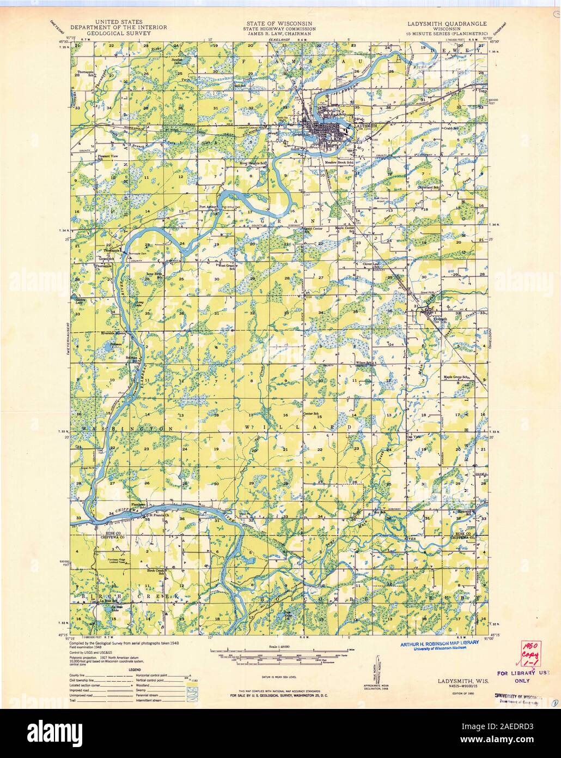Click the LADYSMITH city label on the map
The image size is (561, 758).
(365, 125)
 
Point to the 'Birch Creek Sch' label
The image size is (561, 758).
(157, 571)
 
